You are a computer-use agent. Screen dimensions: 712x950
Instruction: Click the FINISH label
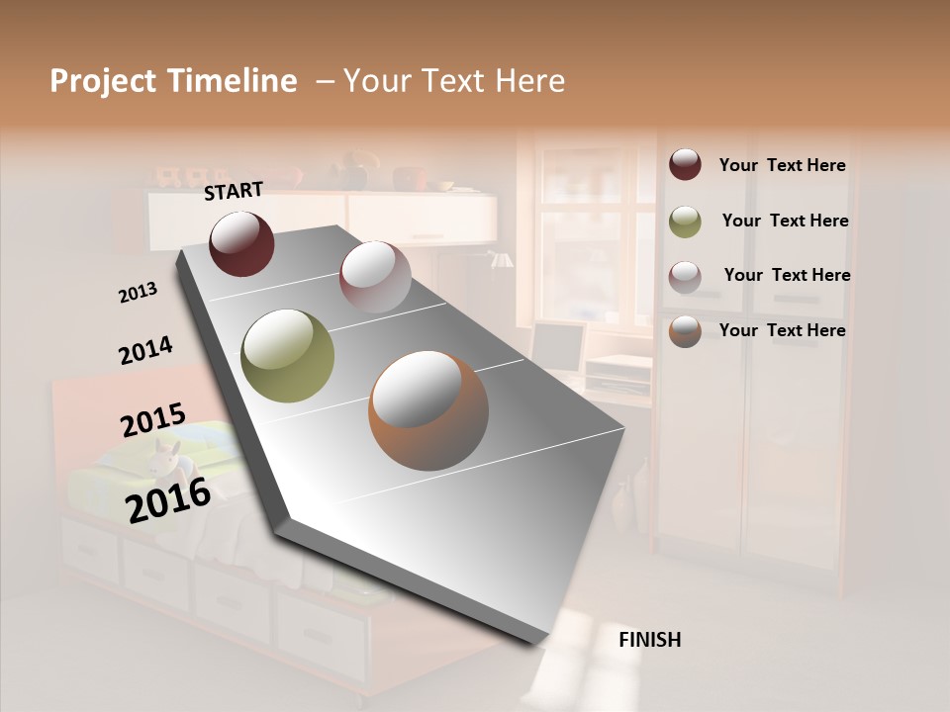click(x=649, y=640)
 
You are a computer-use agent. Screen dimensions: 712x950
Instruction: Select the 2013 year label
click(x=139, y=292)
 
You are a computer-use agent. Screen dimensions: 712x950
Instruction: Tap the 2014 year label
click(x=145, y=350)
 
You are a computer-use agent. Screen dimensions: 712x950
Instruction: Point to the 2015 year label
click(x=152, y=420)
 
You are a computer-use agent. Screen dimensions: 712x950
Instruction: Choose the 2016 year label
click(x=168, y=499)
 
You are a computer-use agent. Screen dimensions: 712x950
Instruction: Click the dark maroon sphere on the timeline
click(x=241, y=243)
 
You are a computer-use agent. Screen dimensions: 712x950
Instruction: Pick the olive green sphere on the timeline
click(x=288, y=356)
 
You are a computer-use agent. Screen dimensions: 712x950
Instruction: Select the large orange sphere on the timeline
click(x=428, y=409)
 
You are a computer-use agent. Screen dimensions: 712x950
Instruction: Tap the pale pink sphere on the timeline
click(x=375, y=276)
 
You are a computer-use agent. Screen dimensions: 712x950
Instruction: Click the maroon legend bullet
click(x=685, y=164)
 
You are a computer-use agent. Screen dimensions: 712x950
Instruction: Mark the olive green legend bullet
click(x=685, y=221)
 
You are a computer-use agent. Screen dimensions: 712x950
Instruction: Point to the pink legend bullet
click(x=685, y=276)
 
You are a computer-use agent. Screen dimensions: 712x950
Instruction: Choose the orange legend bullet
click(x=685, y=331)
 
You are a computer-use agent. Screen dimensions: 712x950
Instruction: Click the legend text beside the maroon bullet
click(x=782, y=165)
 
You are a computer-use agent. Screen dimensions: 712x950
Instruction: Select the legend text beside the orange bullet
click(x=782, y=330)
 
